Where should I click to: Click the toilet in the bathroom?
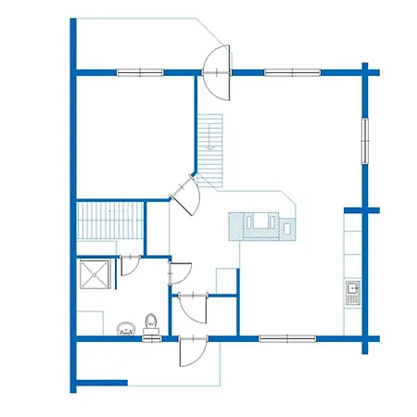(152, 322)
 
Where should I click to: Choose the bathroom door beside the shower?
(130, 263)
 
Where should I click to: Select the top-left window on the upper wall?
(141, 71)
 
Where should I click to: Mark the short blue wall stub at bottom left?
(100, 381)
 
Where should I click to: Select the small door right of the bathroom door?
(178, 271)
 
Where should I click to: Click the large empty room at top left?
(130, 134)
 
